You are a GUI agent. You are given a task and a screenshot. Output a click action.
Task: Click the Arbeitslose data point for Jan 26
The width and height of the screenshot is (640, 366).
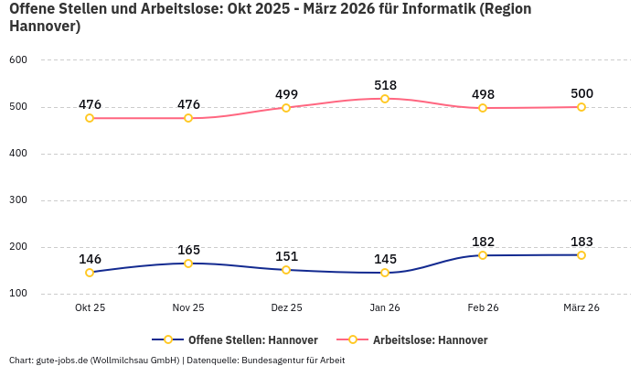point(385,99)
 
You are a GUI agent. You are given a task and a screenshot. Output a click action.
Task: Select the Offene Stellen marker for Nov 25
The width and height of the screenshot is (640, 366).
point(188,264)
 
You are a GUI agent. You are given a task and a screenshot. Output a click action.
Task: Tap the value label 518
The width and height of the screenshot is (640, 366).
point(385,85)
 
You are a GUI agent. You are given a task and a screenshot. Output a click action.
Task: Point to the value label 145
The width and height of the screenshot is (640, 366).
point(385,259)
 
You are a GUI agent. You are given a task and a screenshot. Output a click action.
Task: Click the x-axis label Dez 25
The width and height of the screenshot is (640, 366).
point(286,308)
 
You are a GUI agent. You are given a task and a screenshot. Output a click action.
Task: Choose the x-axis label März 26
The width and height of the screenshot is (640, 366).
point(581,308)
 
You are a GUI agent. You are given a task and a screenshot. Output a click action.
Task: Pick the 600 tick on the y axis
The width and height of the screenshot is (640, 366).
point(18,60)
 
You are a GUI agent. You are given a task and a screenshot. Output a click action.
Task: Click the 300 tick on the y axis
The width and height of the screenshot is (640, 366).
point(18,200)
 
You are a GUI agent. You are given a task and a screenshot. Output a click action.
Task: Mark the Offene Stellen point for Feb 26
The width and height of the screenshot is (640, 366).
point(483,255)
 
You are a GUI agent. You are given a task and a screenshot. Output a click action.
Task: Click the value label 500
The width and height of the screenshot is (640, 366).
point(581,93)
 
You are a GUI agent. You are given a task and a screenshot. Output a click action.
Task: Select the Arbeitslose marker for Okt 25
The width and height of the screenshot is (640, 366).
point(90,118)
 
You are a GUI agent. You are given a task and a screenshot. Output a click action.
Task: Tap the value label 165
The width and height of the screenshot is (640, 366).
point(188,250)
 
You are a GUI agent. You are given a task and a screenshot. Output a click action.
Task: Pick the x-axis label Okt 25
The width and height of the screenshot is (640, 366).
point(90,308)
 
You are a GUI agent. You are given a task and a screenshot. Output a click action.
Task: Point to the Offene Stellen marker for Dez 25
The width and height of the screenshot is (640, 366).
point(286,270)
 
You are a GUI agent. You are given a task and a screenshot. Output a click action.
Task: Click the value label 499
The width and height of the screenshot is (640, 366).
point(286,94)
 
